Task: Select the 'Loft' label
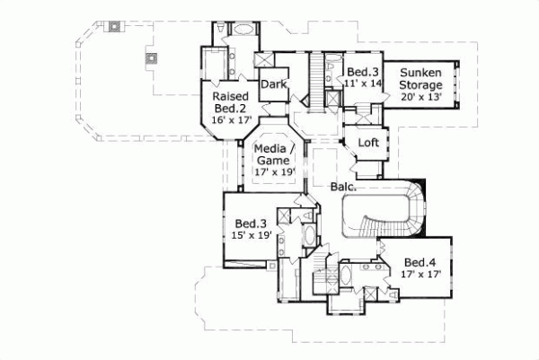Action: tap(368, 143)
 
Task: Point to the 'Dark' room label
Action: tap(272, 86)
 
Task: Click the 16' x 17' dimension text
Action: tap(230, 118)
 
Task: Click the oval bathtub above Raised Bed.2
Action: tap(243, 29)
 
